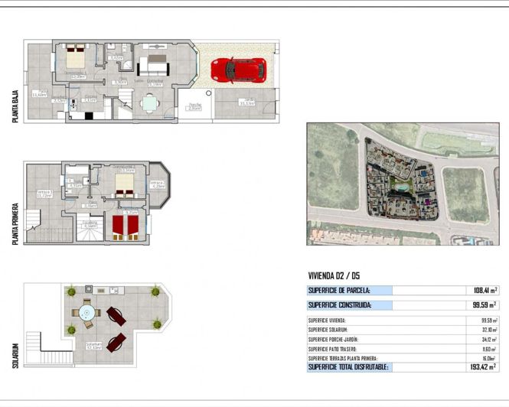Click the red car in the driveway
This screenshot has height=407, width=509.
click(238, 70)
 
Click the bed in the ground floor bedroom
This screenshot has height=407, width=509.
click(75, 58)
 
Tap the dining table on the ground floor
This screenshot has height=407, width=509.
click(149, 103)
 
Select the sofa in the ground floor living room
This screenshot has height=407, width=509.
click(156, 59)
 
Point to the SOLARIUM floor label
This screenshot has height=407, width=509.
click(15, 353)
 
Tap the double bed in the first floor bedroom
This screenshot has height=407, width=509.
click(125, 184)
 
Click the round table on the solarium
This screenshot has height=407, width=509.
click(86, 312)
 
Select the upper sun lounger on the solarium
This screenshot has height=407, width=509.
click(116, 314)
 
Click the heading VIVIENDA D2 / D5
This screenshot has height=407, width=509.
click(334, 276)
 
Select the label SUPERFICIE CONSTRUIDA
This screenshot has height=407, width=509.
click(341, 305)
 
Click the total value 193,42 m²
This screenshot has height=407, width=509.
click(481, 367)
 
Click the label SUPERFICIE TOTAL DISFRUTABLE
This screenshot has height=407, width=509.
click(348, 367)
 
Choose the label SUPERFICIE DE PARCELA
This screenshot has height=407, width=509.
click(339, 291)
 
